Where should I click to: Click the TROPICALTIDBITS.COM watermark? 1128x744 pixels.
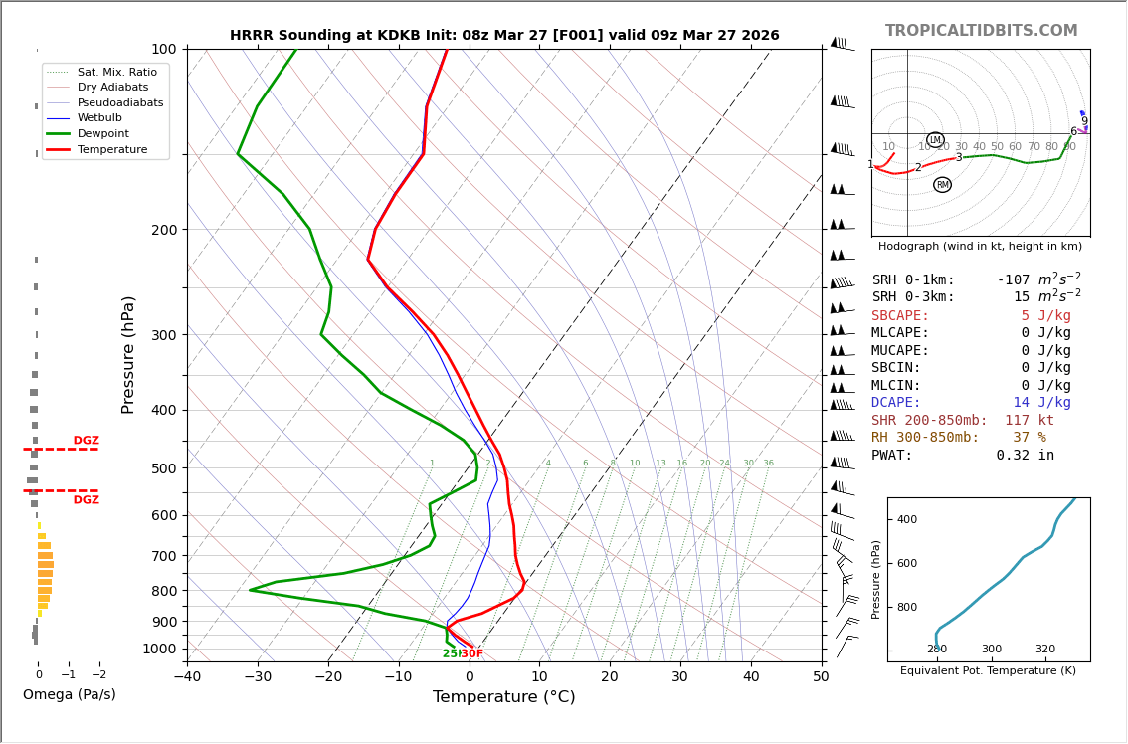coord(981,31)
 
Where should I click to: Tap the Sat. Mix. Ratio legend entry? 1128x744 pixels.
coord(116,72)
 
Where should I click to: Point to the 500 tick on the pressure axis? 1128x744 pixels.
coord(164,468)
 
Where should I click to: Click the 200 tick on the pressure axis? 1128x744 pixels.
coord(164,230)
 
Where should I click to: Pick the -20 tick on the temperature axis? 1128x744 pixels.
coord(327,677)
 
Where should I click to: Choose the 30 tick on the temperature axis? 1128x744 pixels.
coord(679,677)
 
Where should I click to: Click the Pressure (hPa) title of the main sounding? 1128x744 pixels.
coord(128,354)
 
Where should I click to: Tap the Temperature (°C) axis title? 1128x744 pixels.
coord(503,697)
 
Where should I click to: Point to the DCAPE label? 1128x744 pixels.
coord(896,403)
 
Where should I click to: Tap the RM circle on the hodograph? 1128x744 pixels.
coord(942,185)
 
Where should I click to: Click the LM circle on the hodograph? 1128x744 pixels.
coord(935,140)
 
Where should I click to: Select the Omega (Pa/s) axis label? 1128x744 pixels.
coord(69,694)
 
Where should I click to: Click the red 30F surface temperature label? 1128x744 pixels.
coord(471,653)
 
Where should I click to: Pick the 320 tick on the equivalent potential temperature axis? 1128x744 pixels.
coord(1045,650)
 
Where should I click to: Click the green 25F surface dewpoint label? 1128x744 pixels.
coord(451,653)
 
